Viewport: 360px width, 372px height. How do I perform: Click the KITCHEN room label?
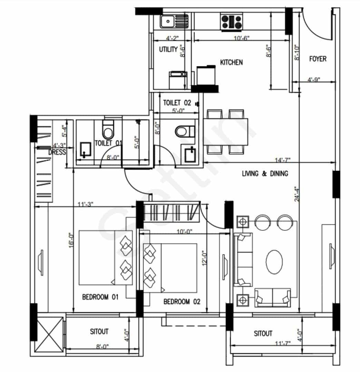click(x=231, y=62)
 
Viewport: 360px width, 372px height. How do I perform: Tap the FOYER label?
click(x=318, y=59)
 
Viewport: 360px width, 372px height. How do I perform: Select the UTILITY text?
click(x=168, y=49)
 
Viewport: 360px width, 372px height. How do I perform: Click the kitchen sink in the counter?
click(x=174, y=21)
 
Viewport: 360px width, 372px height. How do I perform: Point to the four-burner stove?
click(x=231, y=22)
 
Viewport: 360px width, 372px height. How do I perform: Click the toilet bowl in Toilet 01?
click(x=108, y=130)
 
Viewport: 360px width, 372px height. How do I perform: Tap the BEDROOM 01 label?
click(x=100, y=297)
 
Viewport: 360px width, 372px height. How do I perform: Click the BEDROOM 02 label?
click(x=182, y=301)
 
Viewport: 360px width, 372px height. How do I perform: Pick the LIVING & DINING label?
click(x=265, y=173)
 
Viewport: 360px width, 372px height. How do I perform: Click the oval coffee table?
click(x=274, y=262)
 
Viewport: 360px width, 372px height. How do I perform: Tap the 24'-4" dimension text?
click(x=297, y=194)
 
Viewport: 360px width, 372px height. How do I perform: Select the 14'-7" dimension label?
click(x=282, y=160)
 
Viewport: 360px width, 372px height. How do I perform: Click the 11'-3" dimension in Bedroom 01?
click(x=85, y=204)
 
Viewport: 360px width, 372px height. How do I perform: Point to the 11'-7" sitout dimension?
click(x=282, y=343)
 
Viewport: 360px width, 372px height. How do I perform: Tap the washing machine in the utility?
click(x=178, y=80)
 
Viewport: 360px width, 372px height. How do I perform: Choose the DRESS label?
click(x=57, y=152)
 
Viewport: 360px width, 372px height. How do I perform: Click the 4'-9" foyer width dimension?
click(x=314, y=80)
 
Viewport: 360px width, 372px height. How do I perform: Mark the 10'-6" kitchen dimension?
click(x=241, y=38)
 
